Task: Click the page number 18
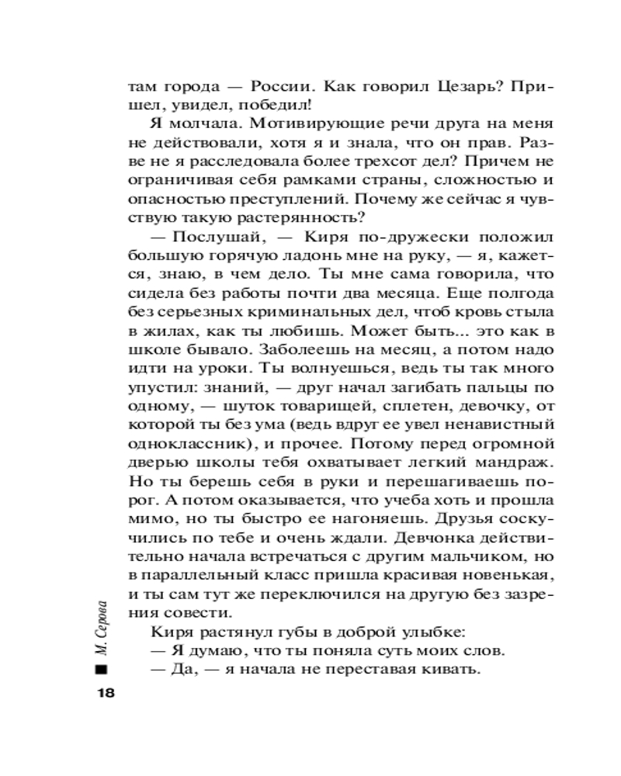point(102,692)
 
